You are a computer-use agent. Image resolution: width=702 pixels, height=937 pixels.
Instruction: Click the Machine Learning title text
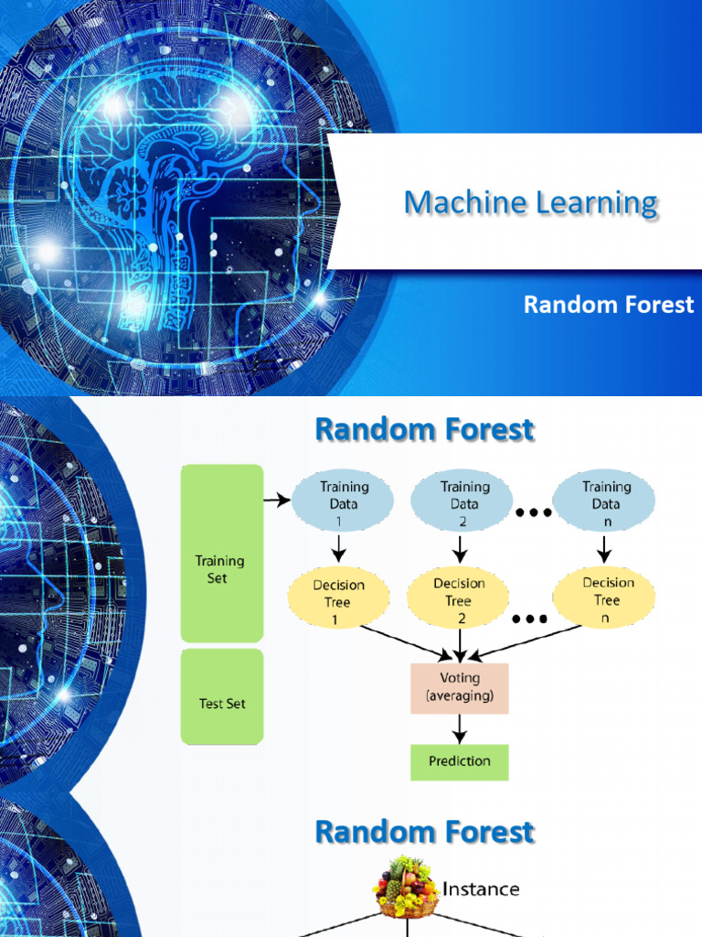(x=530, y=203)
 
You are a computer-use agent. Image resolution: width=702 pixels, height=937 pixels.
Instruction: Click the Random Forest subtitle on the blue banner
(x=608, y=305)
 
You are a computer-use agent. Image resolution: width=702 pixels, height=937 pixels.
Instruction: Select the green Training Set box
(x=222, y=554)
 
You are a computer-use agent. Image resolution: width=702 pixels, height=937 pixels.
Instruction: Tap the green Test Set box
(x=222, y=696)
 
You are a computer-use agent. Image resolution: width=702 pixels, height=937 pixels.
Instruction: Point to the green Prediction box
(x=459, y=761)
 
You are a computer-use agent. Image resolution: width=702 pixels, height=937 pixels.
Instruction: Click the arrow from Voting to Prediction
(x=460, y=728)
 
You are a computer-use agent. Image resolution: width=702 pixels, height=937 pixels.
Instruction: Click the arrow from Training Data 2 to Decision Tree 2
(x=460, y=549)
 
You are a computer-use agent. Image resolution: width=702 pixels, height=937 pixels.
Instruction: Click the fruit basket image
(x=405, y=886)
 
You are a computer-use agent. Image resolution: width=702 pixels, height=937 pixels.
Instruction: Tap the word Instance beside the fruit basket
(x=481, y=889)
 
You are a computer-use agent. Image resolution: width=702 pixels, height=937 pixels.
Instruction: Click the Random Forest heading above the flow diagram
(x=424, y=429)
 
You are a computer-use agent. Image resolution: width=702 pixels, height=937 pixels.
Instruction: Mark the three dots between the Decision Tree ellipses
(x=529, y=619)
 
